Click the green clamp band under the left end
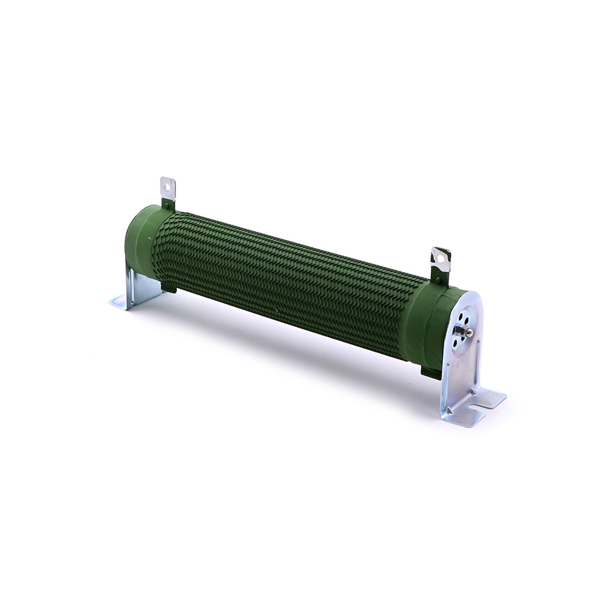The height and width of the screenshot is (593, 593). click(168, 288)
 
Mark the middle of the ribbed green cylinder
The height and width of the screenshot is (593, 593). click(285, 279)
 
